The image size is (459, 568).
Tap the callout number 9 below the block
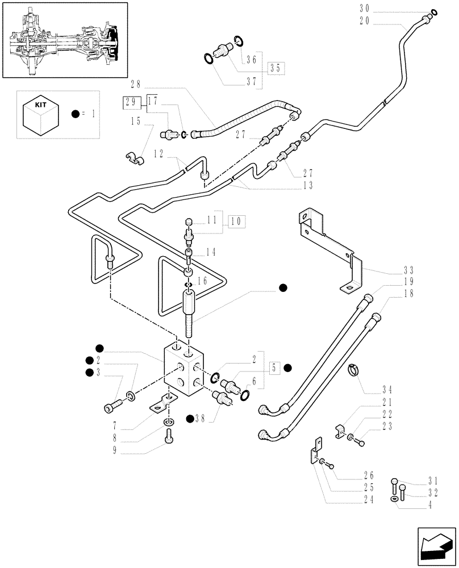(115, 452)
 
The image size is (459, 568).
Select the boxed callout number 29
(128, 103)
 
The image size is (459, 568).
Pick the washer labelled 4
(394, 498)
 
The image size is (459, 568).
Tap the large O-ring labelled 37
(210, 58)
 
